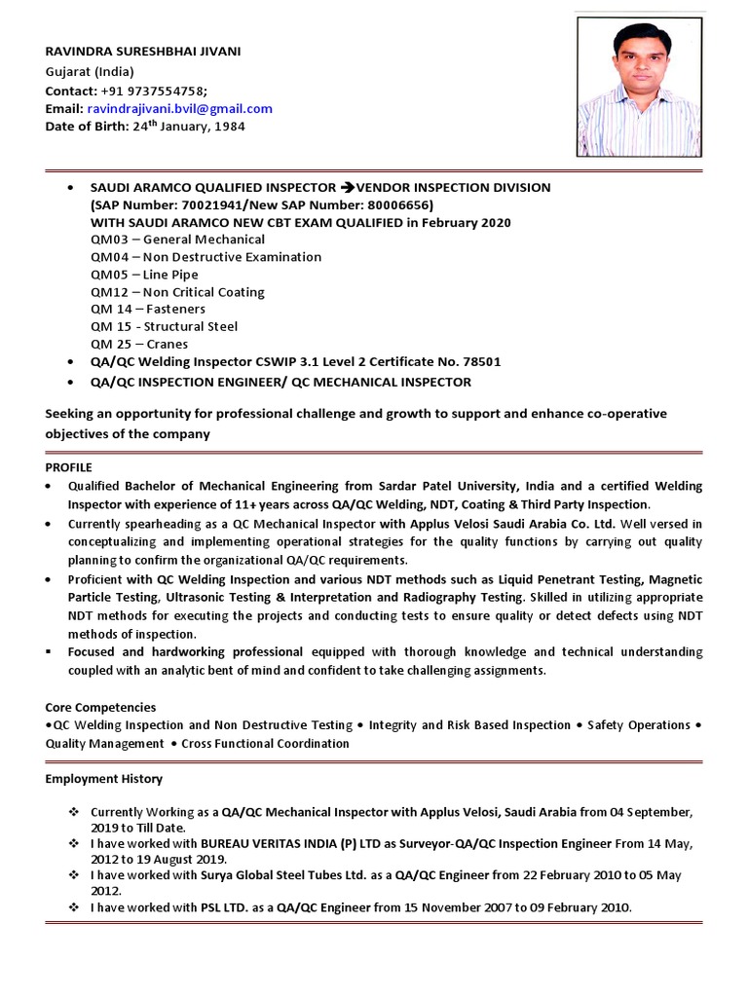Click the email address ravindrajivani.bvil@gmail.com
180,109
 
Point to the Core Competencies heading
100,707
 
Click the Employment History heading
104,779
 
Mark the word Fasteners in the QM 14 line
174,309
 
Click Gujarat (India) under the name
90,72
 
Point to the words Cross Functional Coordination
264,743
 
